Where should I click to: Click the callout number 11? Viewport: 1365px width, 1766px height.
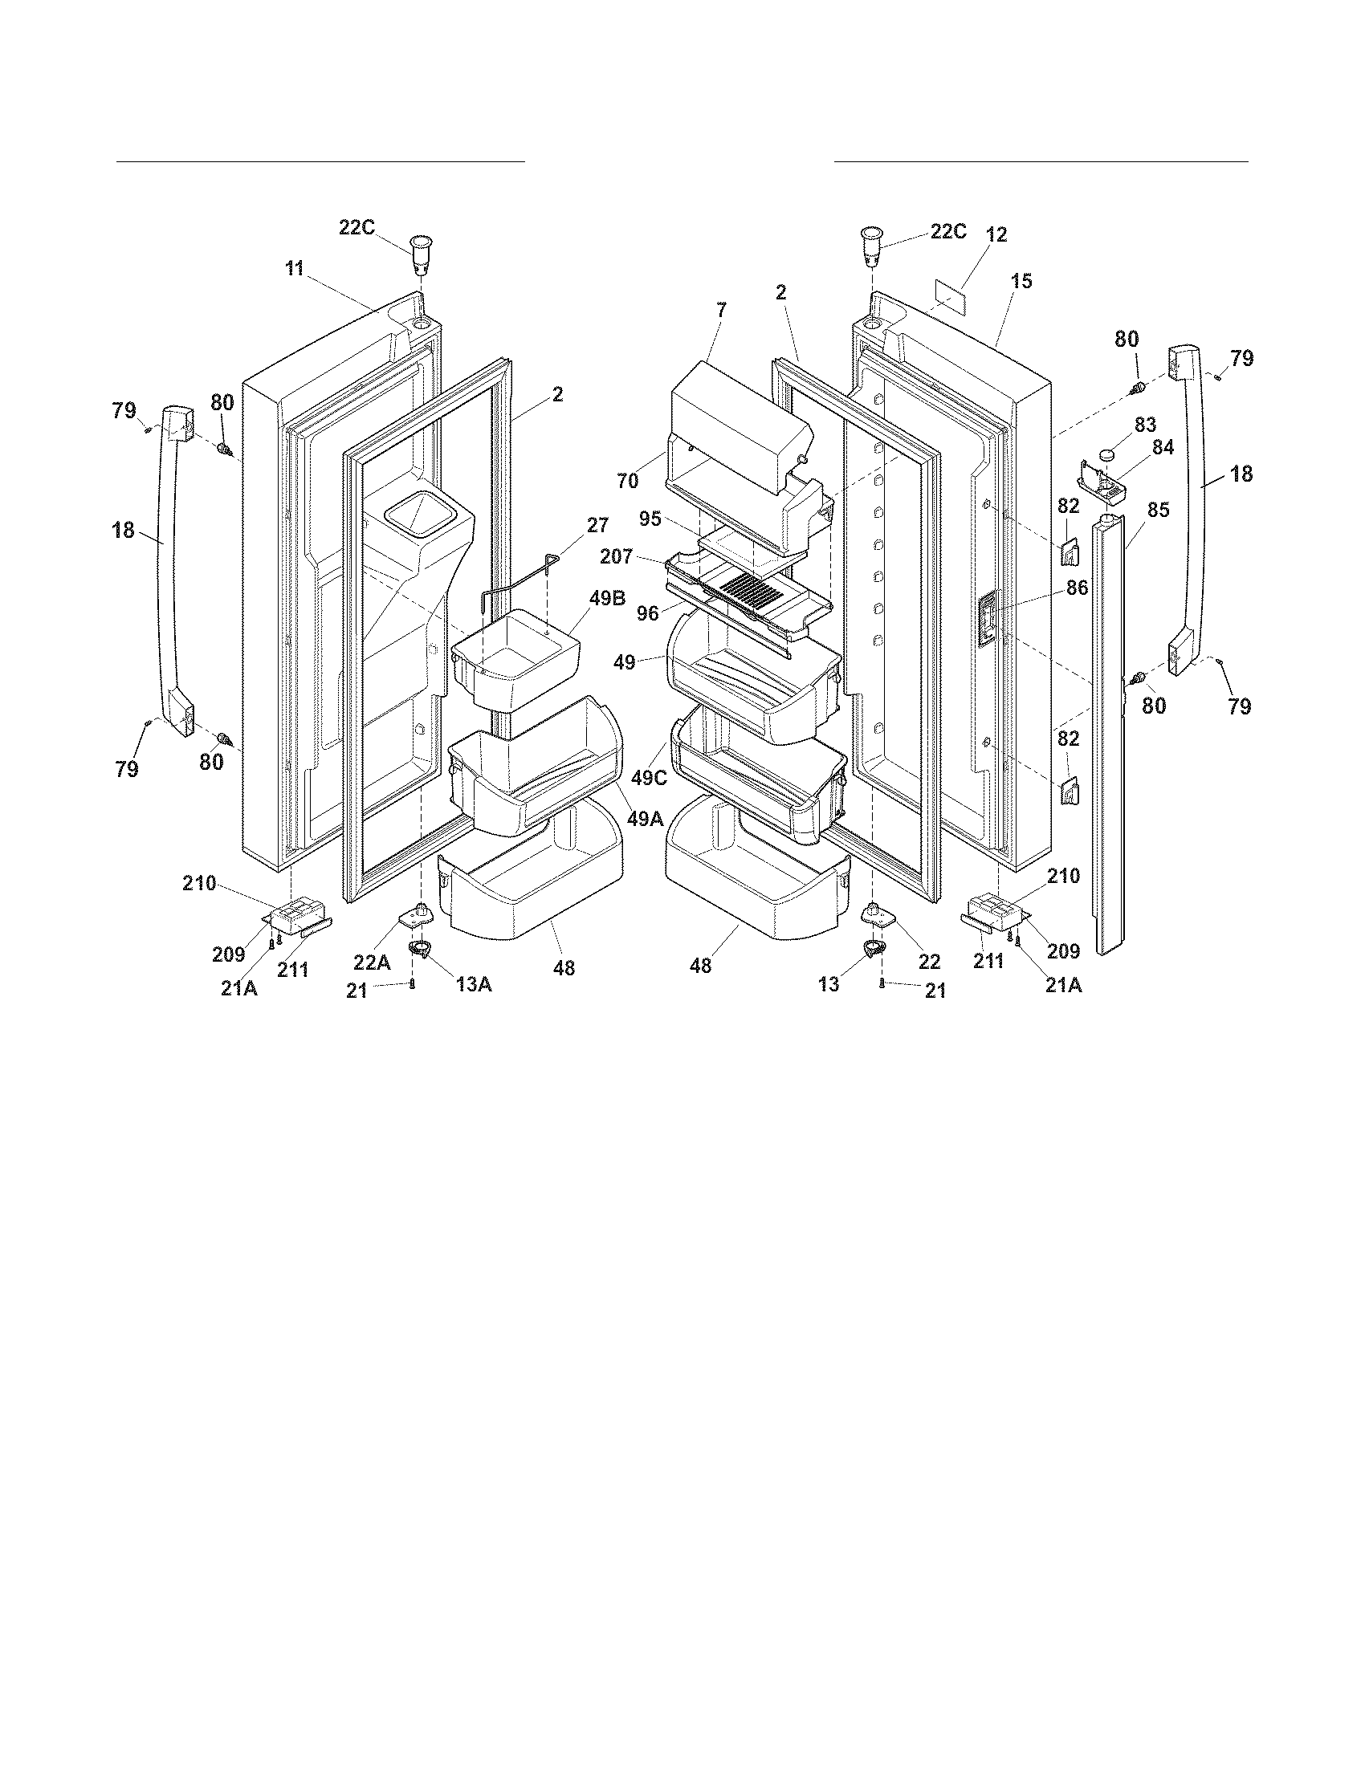coord(295,269)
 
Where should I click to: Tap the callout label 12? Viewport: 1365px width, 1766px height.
coord(996,234)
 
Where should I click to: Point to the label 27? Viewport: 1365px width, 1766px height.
coord(597,526)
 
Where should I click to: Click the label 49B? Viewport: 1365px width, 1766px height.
coord(608,599)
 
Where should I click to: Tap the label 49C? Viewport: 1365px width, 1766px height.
coord(650,778)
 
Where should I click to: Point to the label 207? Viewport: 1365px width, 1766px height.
coord(617,557)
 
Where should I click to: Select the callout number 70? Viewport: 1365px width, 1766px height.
coord(628,481)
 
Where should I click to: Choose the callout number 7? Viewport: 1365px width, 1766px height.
coord(720,309)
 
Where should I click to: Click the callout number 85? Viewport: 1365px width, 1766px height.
coord(1158,511)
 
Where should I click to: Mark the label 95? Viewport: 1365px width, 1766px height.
coord(650,519)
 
